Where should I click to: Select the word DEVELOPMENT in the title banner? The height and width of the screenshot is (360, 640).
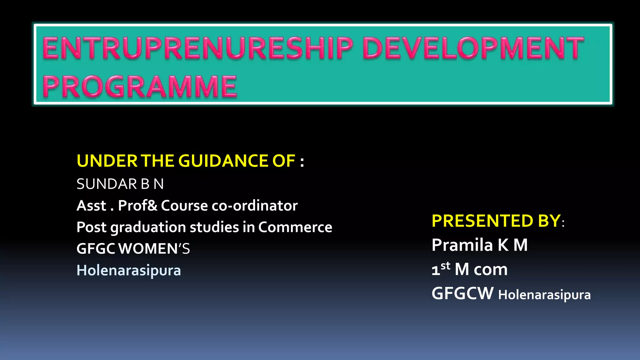(473, 48)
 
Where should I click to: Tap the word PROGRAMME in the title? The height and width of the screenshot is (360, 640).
(140, 87)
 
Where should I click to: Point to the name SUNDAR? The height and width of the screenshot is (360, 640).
(106, 184)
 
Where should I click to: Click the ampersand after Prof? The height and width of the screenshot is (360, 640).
(153, 206)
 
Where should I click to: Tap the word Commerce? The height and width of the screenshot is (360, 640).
(295, 227)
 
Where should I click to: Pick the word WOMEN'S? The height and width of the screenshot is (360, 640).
(154, 249)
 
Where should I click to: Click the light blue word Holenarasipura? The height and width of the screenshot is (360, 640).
(129, 271)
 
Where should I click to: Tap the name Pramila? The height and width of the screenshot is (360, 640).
(462, 245)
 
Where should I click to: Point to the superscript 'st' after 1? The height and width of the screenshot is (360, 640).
(445, 266)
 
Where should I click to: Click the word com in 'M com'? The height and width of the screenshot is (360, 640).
(491, 269)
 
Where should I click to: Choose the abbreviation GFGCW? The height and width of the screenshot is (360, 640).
(462, 293)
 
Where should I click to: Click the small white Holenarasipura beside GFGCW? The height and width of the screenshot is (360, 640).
(544, 295)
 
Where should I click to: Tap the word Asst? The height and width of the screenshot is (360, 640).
(92, 206)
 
